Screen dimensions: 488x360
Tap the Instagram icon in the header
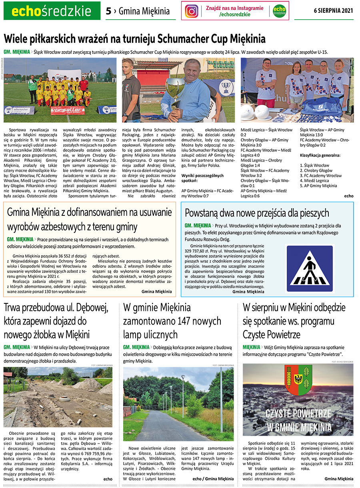pos(192,11)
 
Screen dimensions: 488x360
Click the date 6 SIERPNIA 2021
pos(333,11)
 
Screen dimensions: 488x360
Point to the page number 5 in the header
pos(108,11)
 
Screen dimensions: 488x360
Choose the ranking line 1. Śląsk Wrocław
pos(314,165)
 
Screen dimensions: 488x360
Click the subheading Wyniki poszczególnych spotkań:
pos(202,178)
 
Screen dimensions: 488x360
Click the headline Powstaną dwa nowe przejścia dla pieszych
pos(257,212)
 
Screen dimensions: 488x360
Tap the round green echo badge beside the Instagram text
pos(279,11)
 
